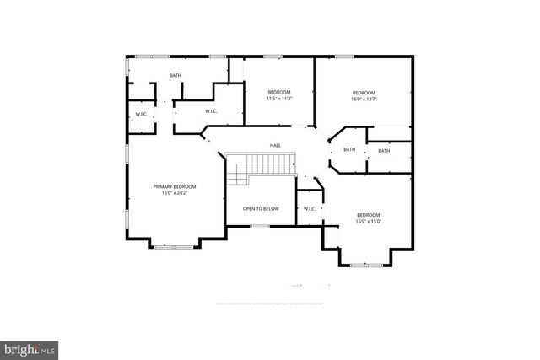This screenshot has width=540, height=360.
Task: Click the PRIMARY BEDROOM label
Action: tap(174, 186)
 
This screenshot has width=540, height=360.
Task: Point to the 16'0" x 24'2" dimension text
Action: tap(174, 193)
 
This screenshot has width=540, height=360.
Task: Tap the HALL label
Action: tap(275, 146)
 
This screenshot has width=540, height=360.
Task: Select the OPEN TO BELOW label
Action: tap(261, 208)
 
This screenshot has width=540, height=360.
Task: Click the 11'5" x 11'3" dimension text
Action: tap(279, 99)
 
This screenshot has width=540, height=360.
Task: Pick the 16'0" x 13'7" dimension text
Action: tap(364, 99)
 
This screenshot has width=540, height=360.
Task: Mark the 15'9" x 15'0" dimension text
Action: tap(369, 222)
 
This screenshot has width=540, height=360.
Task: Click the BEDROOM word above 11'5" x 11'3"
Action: tap(279, 92)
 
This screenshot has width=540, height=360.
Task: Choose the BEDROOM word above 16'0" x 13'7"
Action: tap(364, 92)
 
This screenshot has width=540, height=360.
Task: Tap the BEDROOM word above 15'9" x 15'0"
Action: tap(369, 214)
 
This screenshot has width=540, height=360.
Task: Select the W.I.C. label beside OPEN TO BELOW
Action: tap(310, 208)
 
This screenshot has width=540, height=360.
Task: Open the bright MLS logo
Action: tap(30, 347)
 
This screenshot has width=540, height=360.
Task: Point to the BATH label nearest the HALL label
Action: tap(349, 150)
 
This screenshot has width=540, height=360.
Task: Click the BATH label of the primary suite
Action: tap(175, 76)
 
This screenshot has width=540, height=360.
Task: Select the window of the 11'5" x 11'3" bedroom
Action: tap(273, 56)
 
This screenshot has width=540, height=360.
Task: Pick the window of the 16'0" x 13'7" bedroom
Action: tap(343, 56)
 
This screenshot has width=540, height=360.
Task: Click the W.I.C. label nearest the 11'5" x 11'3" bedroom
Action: tap(213, 111)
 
